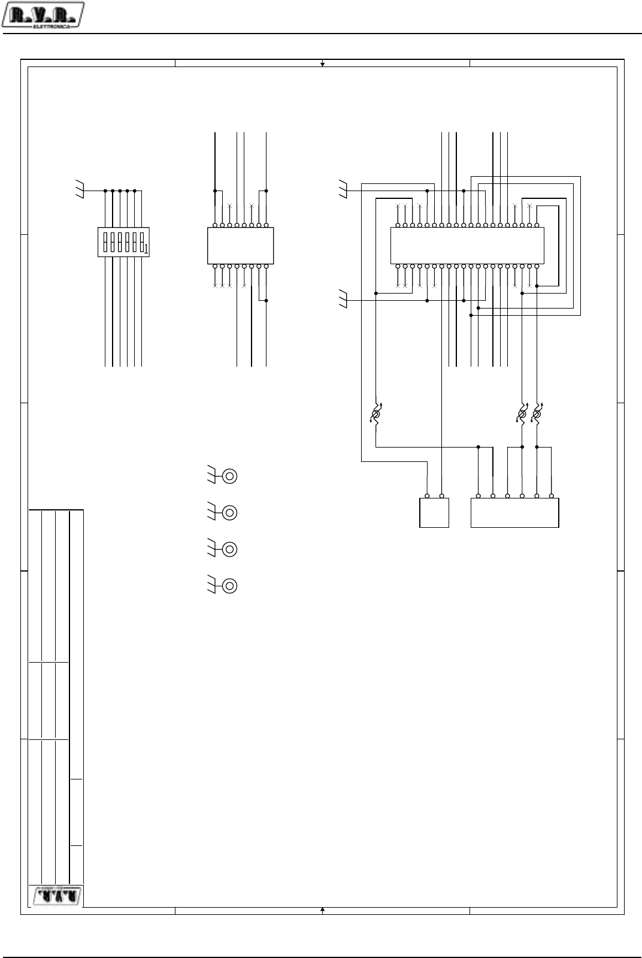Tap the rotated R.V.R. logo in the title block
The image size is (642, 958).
pyautogui.click(x=55, y=896)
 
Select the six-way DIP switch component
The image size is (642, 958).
pyautogui.click(x=123, y=242)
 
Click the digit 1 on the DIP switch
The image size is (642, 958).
pyautogui.click(x=145, y=248)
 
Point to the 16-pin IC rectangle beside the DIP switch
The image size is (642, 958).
pyautogui.click(x=240, y=245)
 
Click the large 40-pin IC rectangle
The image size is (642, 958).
pyautogui.click(x=467, y=245)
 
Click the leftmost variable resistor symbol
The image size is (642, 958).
pyautogui.click(x=376, y=414)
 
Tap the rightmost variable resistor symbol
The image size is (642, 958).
pyautogui.click(x=537, y=414)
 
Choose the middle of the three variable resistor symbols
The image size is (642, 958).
pyautogui.click(x=522, y=414)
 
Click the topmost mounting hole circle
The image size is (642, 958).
pyautogui.click(x=229, y=476)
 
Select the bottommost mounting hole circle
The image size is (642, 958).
pyautogui.click(x=229, y=585)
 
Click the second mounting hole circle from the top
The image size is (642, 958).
pyautogui.click(x=229, y=513)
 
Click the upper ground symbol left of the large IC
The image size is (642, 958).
pyautogui.click(x=343, y=191)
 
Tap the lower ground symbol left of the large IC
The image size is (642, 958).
pyautogui.click(x=343, y=300)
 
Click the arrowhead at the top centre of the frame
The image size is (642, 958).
pyautogui.click(x=322, y=63)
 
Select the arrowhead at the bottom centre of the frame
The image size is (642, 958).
pyautogui.click(x=322, y=911)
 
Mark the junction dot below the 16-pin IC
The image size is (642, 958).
pyautogui.click(x=266, y=300)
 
